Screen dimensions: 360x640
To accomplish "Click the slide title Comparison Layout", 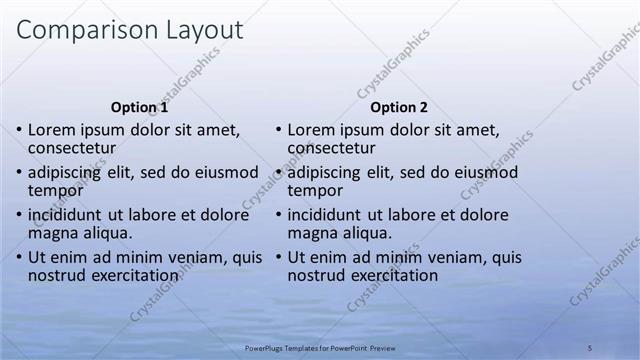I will [x=130, y=30].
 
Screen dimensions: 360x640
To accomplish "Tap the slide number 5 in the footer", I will [x=590, y=347].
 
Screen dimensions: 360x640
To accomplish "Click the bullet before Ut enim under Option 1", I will [x=18, y=258].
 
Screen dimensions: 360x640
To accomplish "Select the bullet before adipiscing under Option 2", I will [x=278, y=173].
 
